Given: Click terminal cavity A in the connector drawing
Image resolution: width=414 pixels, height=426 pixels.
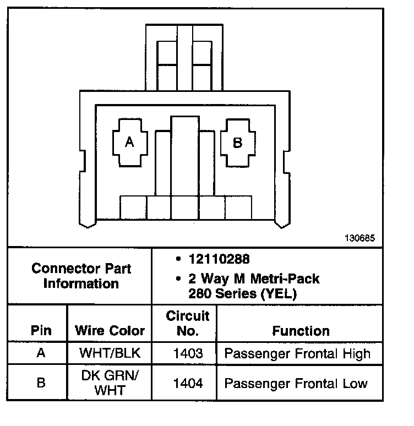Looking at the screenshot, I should click(x=129, y=143).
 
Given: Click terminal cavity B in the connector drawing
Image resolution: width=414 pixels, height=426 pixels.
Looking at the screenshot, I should click(x=237, y=143).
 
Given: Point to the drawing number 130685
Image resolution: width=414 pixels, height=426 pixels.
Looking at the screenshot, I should click(x=359, y=238).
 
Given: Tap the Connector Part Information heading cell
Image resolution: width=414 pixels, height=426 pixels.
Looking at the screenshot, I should click(x=81, y=276).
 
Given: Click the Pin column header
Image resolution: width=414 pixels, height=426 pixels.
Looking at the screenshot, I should click(x=41, y=331).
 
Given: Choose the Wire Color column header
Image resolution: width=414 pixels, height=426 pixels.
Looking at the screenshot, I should click(x=110, y=331).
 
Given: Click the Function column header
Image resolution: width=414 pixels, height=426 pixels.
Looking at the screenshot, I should click(x=301, y=331).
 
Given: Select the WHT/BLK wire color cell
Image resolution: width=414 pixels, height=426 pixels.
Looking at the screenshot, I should click(x=110, y=354).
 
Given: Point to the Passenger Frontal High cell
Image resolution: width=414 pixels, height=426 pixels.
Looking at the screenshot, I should click(x=297, y=354).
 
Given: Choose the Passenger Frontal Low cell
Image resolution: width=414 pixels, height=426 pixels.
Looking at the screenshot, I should click(x=296, y=383).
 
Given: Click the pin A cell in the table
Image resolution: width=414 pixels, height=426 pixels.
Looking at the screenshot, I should click(x=41, y=353).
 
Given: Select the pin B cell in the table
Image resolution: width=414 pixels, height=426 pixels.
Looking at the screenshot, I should click(x=41, y=383).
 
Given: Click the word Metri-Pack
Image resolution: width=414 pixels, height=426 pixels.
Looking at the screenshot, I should click(x=284, y=279).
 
